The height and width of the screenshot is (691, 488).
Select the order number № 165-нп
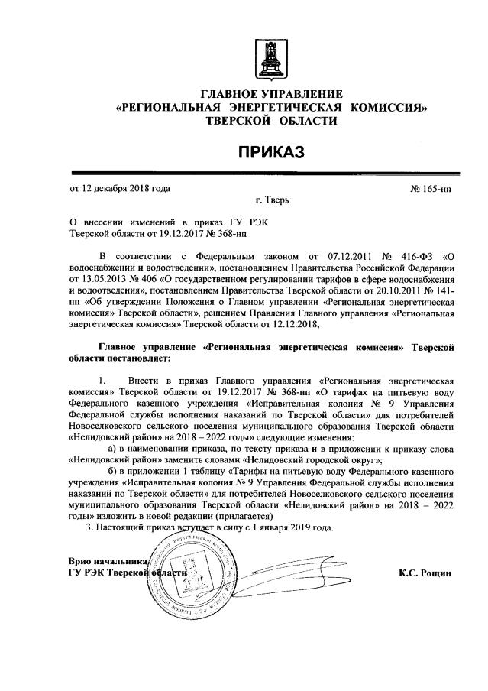click(431, 188)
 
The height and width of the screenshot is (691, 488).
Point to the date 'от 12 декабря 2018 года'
click(120, 188)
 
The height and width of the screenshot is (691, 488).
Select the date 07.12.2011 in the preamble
click(335, 254)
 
